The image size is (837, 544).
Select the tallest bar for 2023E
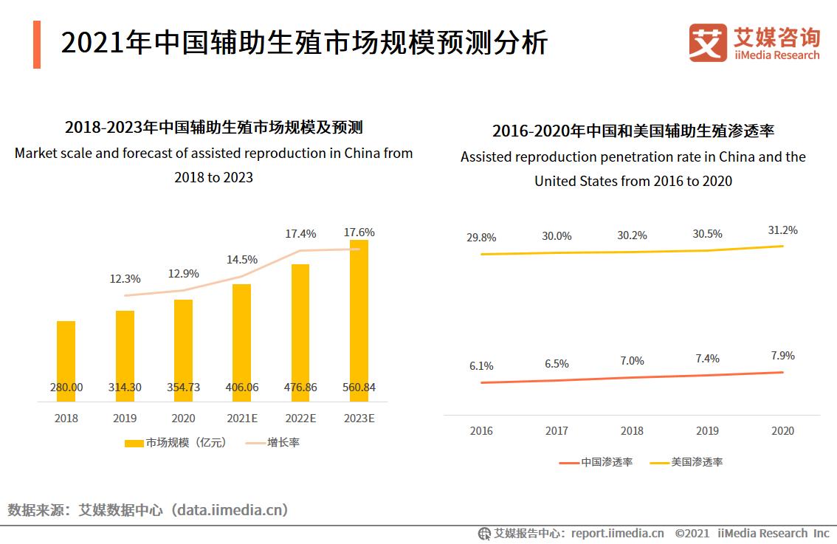(359, 317)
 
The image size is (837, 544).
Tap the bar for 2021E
(241, 340)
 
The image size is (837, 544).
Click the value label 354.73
(183, 388)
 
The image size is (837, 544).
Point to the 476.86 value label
(300, 388)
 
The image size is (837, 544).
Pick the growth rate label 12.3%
(125, 278)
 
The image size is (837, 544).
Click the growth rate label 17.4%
(300, 233)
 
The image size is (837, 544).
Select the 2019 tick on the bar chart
(125, 418)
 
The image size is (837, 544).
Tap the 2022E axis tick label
(300, 418)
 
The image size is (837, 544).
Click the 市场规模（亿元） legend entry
(175, 443)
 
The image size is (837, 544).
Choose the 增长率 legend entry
(272, 443)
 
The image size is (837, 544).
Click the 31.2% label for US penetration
(782, 230)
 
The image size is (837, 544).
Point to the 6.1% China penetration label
(480, 366)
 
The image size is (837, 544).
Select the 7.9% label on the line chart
(782, 356)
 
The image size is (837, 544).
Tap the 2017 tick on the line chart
(557, 431)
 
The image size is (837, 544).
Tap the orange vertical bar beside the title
(37, 45)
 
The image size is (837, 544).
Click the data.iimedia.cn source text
(228, 510)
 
